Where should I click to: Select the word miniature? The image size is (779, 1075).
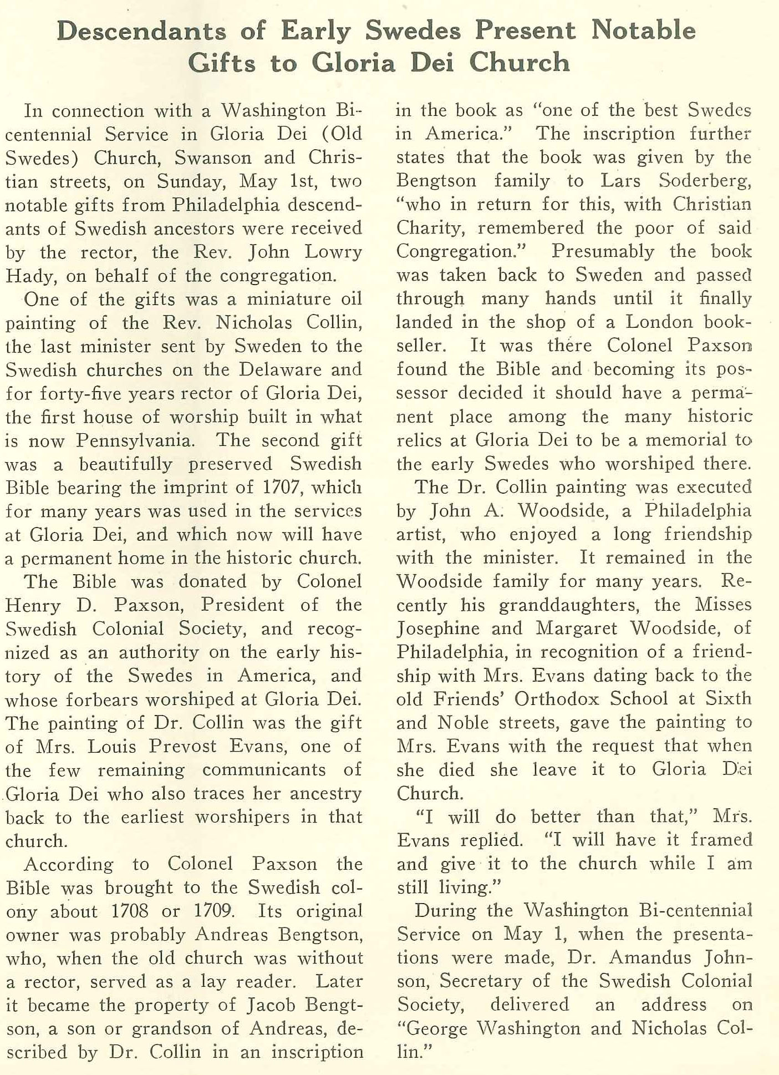pos(289,299)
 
